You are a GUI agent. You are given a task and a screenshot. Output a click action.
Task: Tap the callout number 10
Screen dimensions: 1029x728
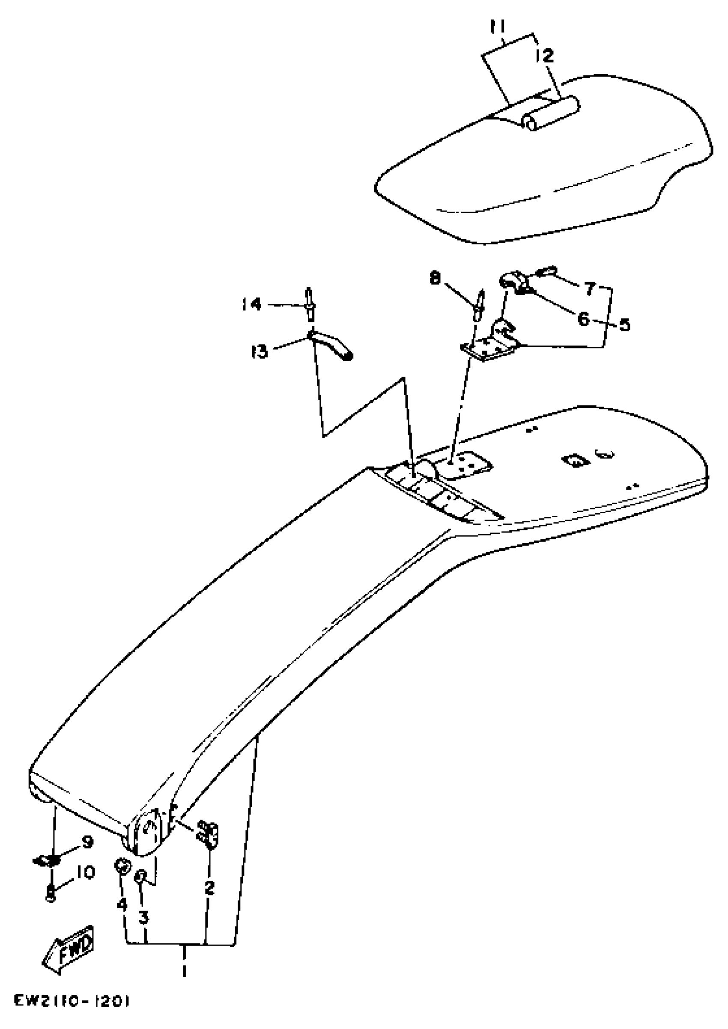click(85, 873)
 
